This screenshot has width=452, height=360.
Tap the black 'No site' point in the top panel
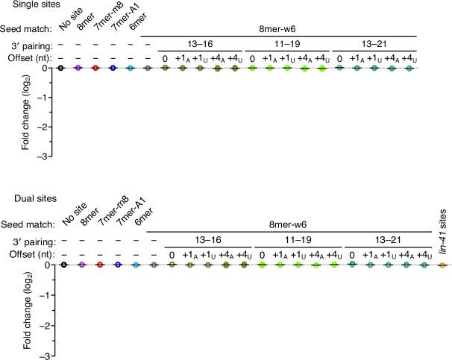point(60,68)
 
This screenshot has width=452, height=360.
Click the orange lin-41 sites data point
point(442,265)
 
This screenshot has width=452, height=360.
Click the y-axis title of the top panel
point(26,112)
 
